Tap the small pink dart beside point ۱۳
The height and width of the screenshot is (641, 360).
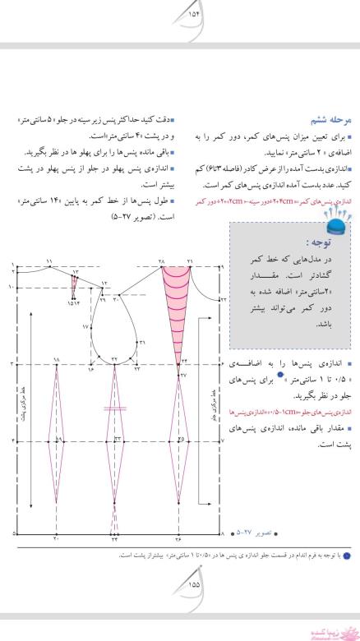(x=76, y=288)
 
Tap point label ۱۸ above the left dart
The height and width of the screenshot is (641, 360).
(x=57, y=359)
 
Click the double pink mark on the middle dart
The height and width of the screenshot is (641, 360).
(x=114, y=408)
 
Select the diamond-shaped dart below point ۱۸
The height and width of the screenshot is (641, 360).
(x=57, y=442)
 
